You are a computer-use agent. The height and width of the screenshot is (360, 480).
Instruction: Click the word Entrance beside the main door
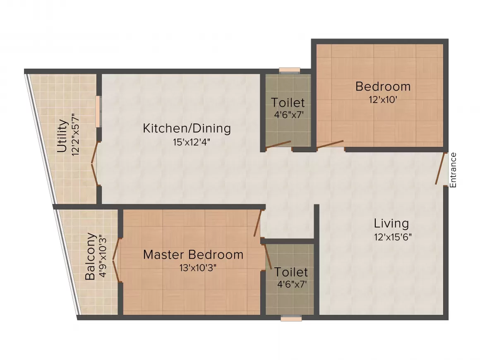[453, 170]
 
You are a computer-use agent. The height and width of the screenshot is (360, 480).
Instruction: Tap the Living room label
[391, 223]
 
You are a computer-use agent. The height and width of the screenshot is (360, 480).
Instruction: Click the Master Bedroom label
[193, 254]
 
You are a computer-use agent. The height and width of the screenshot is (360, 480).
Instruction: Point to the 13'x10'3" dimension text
[198, 268]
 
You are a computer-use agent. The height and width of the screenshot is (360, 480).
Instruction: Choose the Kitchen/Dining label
[187, 128]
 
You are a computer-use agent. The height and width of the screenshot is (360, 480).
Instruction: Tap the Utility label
[62, 136]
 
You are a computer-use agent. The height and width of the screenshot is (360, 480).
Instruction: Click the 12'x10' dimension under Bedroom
[382, 100]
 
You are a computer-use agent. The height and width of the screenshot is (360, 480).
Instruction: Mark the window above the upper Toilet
[289, 70]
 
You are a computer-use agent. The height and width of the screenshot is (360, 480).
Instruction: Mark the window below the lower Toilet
[291, 318]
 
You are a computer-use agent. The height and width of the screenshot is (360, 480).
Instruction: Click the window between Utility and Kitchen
[98, 111]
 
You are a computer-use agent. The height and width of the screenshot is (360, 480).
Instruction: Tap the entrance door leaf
[441, 168]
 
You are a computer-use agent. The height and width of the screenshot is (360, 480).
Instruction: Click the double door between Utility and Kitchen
[95, 164]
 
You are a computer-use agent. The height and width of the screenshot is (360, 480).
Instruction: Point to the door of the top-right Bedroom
[330, 144]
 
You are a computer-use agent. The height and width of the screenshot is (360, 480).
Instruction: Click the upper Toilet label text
[288, 102]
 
